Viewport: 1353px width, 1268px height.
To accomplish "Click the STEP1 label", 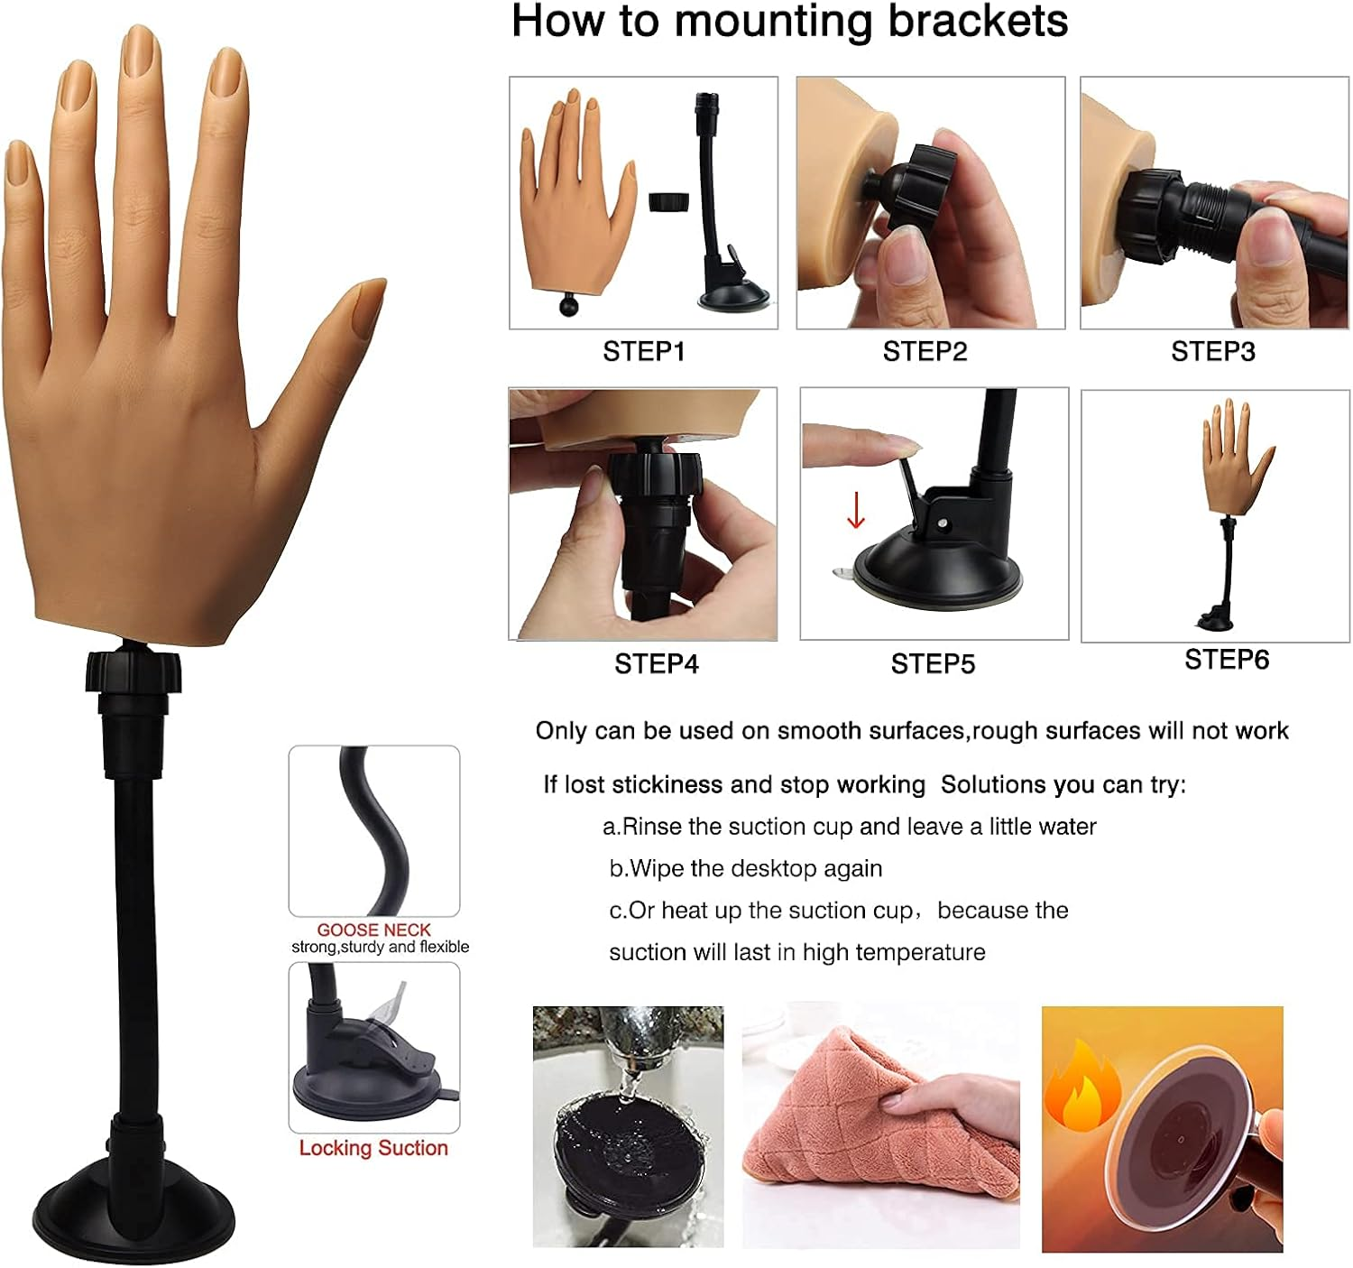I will pyautogui.click(x=643, y=351).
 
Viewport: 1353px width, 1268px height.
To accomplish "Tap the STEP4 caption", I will pyautogui.click(x=656, y=664).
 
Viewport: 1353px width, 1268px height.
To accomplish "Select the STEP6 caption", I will pyautogui.click(x=1226, y=660).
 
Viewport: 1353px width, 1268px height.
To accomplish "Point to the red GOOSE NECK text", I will pyautogui.click(x=373, y=930).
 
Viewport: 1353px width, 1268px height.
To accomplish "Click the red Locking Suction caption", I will pyautogui.click(x=373, y=1148).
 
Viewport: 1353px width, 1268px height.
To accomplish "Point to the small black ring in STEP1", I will pyautogui.click(x=668, y=201).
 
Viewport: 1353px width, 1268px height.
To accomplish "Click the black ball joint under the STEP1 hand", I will pyautogui.click(x=569, y=305).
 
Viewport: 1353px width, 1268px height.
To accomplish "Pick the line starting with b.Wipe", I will pyautogui.click(x=745, y=868).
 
